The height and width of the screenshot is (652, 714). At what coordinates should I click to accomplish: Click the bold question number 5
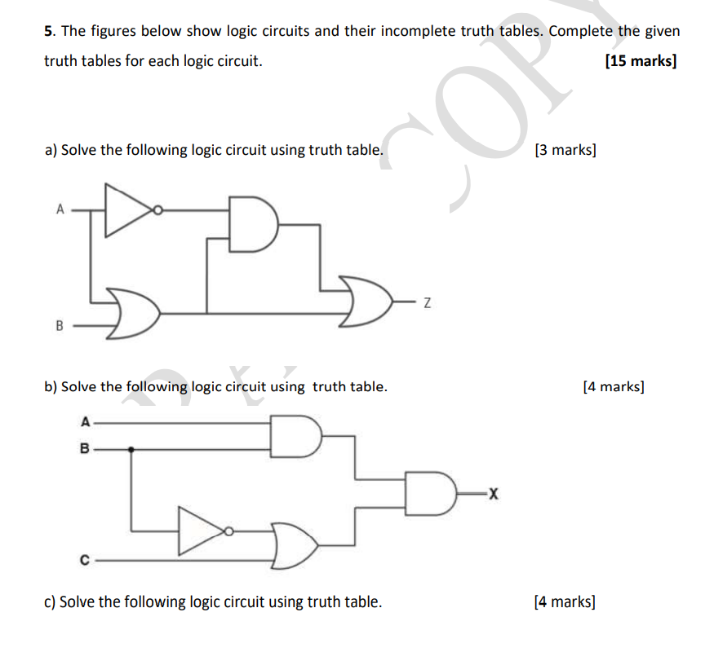click(48, 32)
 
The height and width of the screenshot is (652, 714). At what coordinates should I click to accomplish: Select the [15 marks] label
click(641, 61)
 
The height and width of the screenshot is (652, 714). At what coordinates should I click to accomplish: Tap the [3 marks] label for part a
click(565, 150)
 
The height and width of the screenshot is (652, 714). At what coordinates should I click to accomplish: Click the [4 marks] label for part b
click(614, 386)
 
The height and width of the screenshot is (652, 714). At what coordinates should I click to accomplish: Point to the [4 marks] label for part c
click(564, 602)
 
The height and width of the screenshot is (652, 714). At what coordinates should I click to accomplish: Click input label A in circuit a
click(60, 209)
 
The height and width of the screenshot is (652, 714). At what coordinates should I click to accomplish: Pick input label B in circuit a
click(59, 326)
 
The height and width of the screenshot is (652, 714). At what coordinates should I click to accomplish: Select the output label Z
click(426, 304)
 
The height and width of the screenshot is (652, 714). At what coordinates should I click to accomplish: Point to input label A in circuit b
click(84, 421)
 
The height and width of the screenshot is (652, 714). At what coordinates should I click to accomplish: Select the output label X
click(492, 493)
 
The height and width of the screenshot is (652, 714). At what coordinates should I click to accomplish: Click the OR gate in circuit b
click(296, 545)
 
